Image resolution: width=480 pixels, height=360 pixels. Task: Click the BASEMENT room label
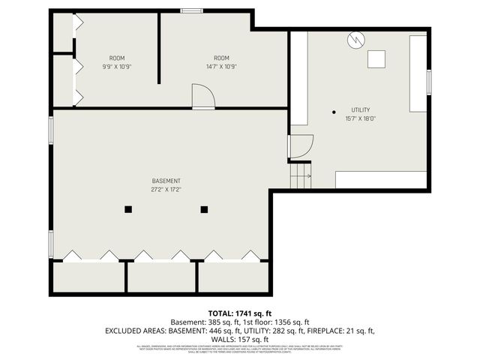(166, 181)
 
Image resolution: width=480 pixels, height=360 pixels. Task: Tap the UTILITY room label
(360, 110)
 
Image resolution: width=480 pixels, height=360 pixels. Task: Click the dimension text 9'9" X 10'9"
(116, 66)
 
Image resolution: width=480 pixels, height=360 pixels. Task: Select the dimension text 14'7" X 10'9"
(220, 66)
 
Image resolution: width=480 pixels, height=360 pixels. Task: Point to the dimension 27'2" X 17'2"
(166, 189)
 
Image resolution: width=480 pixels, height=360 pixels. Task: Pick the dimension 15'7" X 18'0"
(360, 118)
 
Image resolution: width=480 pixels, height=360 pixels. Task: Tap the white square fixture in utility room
(376, 58)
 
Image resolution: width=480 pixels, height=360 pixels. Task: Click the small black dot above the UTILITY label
(334, 112)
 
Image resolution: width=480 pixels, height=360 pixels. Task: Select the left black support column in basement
(128, 210)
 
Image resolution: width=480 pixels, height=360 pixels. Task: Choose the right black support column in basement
(203, 210)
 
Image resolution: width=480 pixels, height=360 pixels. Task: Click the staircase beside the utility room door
(300, 178)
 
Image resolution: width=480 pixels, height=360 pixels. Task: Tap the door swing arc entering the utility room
(301, 145)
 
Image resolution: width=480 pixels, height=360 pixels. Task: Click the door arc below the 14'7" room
(203, 96)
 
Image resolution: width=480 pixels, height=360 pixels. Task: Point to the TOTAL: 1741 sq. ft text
(240, 313)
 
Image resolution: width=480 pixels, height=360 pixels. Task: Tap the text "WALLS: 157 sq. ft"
(240, 339)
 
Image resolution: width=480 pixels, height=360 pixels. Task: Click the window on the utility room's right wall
(430, 82)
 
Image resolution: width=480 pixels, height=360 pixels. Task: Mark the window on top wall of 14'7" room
(191, 10)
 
